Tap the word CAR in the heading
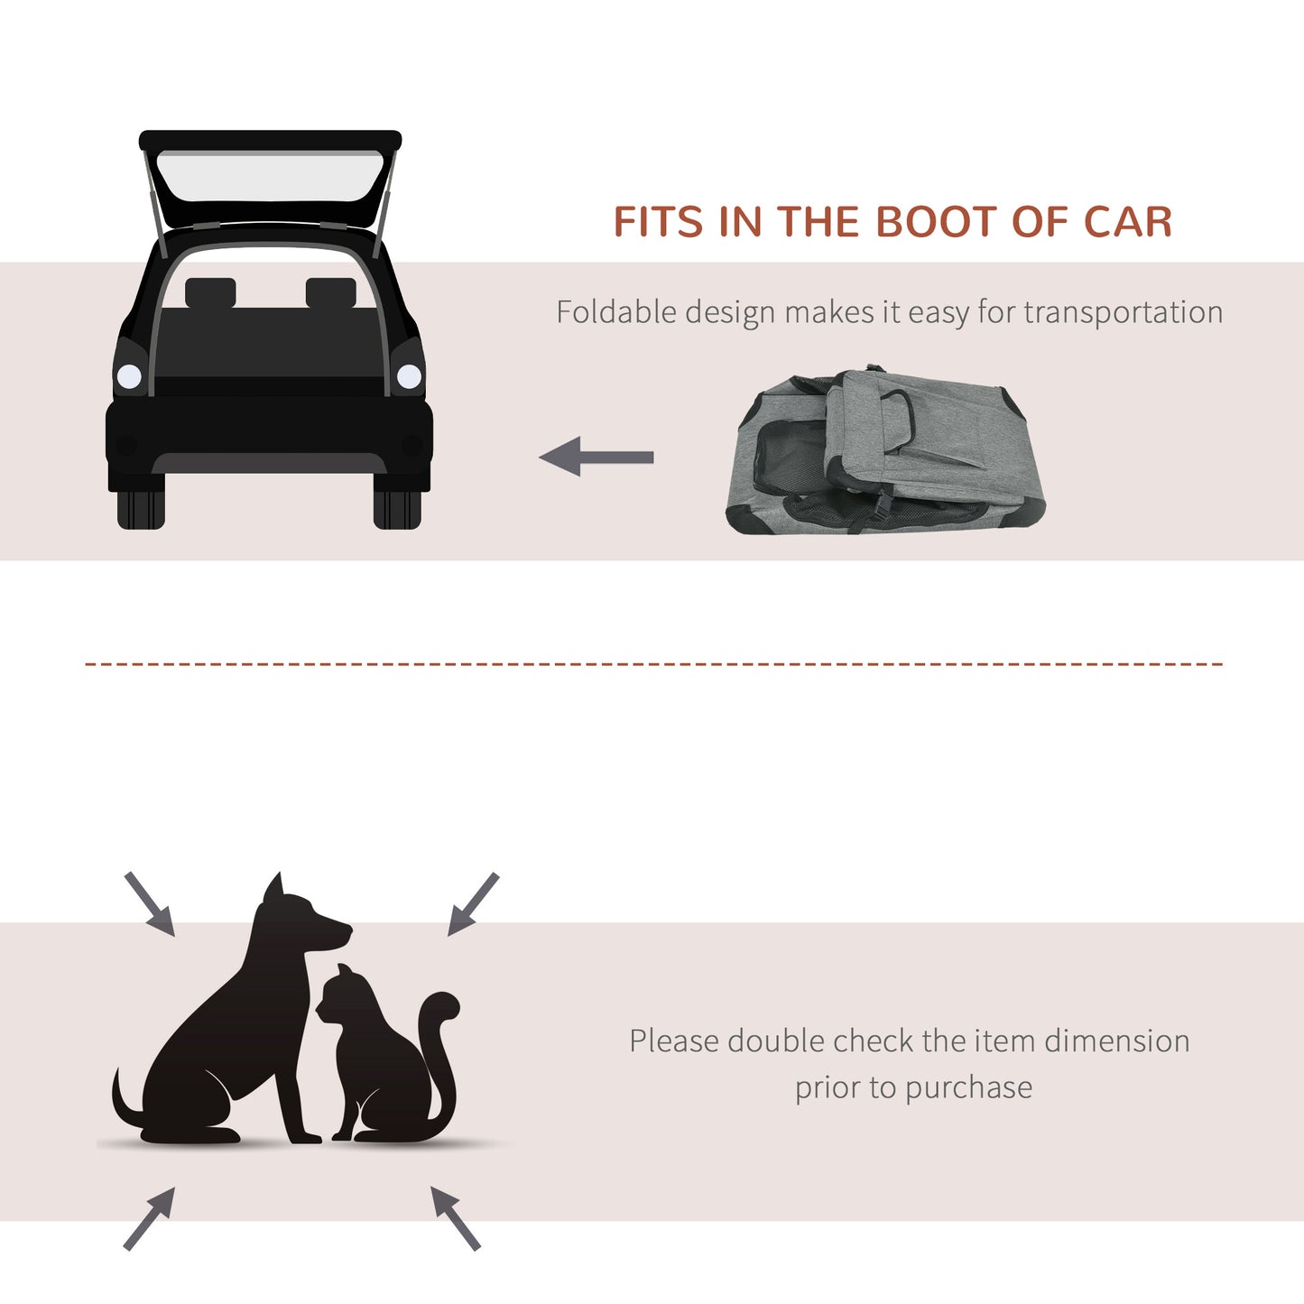1127,222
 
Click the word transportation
1123,312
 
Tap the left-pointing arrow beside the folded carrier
597,457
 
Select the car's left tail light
129,376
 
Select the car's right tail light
410,376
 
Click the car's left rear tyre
141,510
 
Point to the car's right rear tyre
397,510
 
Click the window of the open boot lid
270,177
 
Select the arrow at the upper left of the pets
150,903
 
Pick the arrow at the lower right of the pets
455,1217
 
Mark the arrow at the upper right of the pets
473,903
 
